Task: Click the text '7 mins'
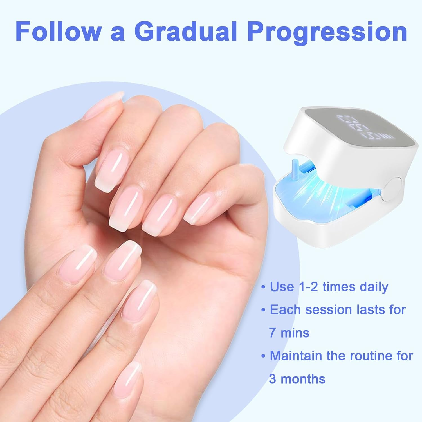point(289,333)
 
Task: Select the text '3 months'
point(297,379)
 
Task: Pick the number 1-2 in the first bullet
point(307,287)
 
